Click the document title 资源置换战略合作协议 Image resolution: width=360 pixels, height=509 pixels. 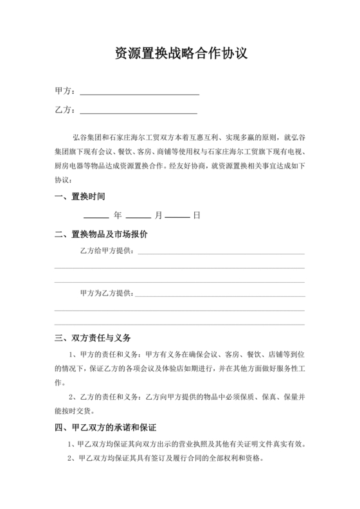180,53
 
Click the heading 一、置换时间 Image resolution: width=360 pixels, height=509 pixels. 80,197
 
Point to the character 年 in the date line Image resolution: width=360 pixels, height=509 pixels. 118,215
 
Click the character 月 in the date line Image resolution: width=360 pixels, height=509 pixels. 158,215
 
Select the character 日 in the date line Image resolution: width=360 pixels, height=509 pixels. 197,215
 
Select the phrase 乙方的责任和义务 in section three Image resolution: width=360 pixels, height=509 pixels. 110,397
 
